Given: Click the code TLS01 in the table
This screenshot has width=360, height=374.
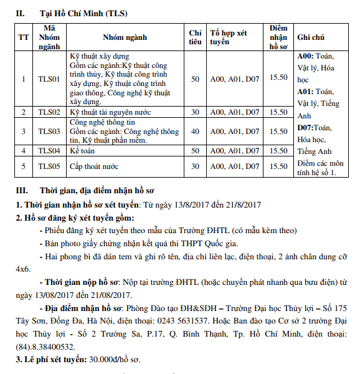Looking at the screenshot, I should point(49,79).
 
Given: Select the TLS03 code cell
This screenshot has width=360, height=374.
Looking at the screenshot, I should point(49,132).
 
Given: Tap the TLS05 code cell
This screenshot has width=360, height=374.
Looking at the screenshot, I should point(49,166).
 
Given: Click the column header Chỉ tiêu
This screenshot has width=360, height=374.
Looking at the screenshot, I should point(195,37).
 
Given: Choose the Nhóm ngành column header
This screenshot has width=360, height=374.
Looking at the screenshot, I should point(125,37).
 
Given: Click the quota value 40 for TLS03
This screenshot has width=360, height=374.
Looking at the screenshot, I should point(195,132).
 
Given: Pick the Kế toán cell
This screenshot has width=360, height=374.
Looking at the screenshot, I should point(83,151).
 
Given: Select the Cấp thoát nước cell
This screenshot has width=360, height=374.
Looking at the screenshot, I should point(94,166).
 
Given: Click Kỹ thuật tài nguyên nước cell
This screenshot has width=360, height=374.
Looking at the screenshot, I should point(110,112).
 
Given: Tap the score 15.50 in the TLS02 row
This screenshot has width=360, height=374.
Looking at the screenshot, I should point(278,112).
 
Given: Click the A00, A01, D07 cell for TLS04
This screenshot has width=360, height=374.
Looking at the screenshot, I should point(234,151).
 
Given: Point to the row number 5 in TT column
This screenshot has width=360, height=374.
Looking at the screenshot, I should point(24,166).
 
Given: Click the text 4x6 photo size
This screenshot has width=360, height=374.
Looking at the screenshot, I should point(23,269).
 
